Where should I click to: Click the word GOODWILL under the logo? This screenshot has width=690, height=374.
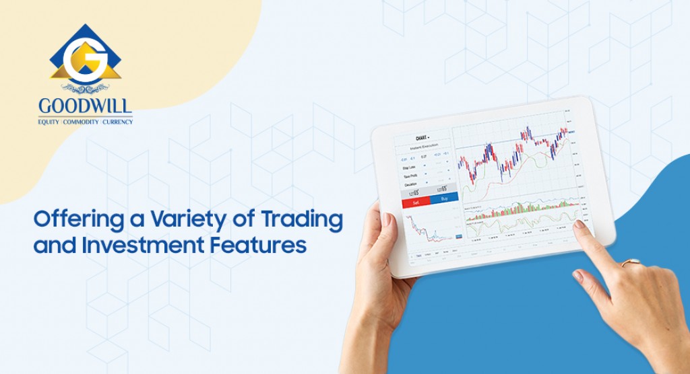86,106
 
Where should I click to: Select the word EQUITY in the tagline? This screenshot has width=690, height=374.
49,121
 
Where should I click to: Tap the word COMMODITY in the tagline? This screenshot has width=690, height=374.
82,121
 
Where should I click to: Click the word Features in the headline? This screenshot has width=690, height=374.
265,244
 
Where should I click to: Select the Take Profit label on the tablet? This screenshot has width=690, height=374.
408,176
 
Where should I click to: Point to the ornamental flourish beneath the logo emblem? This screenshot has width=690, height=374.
86,87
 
